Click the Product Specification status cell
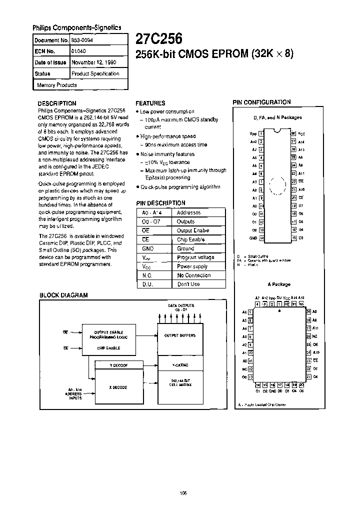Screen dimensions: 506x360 point(95,73)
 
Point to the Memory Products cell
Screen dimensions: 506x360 point(56,85)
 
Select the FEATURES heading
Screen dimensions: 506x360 point(150,103)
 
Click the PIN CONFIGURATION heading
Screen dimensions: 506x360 point(261,102)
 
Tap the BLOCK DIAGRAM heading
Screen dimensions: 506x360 point(63,295)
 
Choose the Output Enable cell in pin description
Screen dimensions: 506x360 point(192,230)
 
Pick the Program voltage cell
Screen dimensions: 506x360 point(195,257)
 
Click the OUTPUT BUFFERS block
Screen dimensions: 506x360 point(180,335)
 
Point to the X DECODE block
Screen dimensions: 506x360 point(118,387)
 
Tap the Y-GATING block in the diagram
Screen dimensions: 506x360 point(180,364)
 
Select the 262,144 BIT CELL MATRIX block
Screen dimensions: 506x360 point(180,383)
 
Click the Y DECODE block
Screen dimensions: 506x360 point(118,365)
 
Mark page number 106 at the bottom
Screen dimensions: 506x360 point(183,492)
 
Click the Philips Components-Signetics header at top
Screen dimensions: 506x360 point(77,28)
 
